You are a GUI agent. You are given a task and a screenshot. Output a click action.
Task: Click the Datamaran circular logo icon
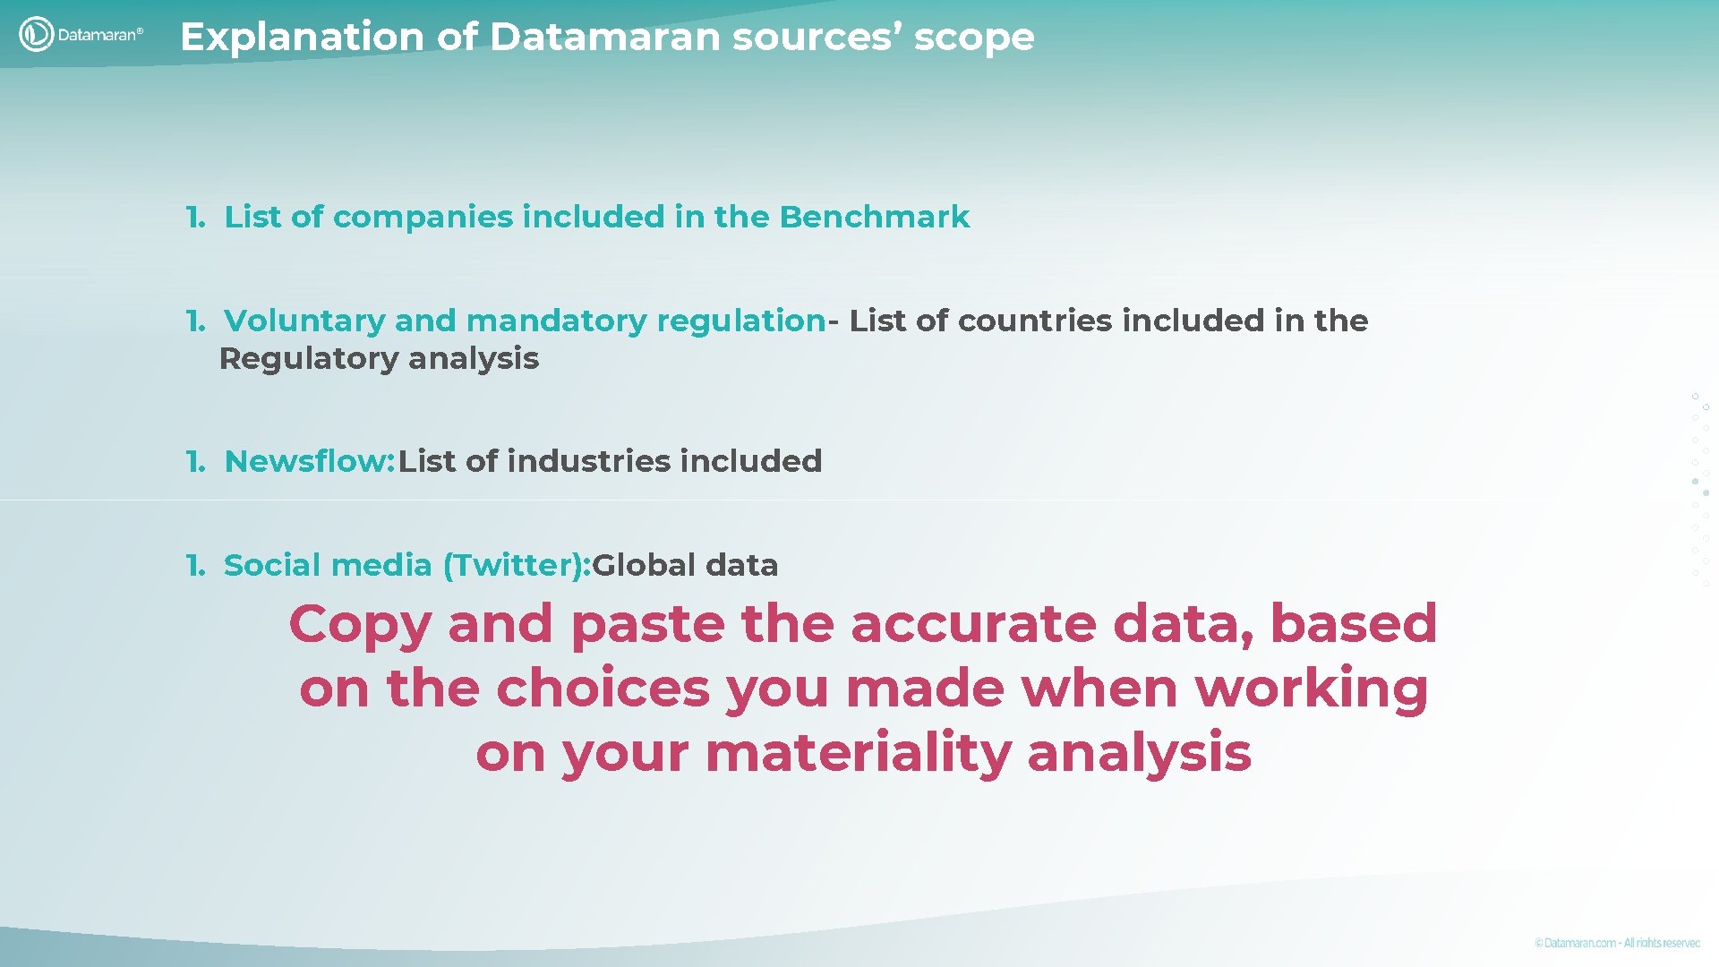[36, 35]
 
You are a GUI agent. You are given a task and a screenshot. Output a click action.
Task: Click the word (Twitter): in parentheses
[517, 565]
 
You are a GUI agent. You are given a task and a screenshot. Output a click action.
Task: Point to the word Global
[644, 565]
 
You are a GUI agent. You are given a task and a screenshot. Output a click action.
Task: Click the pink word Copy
[360, 625]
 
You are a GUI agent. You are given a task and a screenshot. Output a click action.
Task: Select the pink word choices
[603, 689]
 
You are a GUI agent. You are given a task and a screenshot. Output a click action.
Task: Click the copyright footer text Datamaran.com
[1580, 943]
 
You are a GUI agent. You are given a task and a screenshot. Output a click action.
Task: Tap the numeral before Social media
[194, 565]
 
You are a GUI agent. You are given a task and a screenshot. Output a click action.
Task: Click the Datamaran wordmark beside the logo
[99, 35]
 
